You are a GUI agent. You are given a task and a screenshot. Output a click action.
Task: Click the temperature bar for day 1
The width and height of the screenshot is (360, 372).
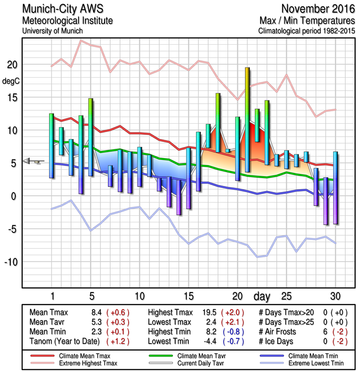point(52,146)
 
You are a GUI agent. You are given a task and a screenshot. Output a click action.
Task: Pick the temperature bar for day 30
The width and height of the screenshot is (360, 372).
point(335,188)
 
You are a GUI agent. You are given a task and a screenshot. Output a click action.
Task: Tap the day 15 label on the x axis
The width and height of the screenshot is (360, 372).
point(189,296)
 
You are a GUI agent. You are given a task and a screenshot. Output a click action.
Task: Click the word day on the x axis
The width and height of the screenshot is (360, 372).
point(262,296)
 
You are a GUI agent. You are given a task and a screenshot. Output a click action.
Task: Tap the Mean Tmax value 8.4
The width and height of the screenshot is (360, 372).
point(97,312)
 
